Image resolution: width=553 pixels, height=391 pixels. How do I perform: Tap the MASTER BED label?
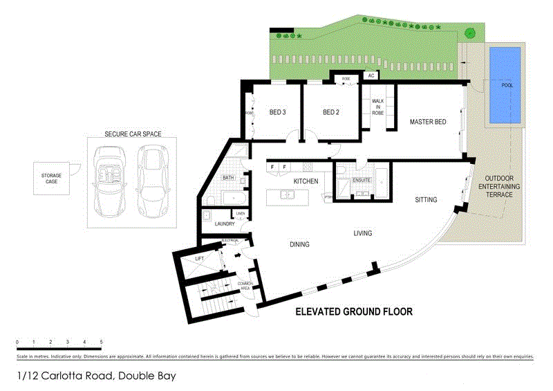[x=427, y=122]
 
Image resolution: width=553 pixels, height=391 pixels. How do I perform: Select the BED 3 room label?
[x=277, y=112]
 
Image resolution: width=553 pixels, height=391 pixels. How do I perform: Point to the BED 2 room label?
[x=332, y=112]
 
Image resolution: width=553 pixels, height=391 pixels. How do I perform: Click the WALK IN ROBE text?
[x=377, y=107]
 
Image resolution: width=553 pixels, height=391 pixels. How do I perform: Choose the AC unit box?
[x=371, y=75]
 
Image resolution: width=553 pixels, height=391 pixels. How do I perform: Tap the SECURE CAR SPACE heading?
[x=133, y=134]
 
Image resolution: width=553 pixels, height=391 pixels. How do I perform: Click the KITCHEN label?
[x=306, y=181]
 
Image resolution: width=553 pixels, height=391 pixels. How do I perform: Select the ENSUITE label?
[x=362, y=180]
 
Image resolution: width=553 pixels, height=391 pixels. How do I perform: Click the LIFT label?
[x=199, y=257]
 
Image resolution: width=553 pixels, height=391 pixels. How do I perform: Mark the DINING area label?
[x=299, y=244]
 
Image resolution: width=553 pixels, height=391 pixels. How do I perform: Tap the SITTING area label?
[x=426, y=200]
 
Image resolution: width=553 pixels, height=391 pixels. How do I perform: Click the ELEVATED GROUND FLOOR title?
[x=353, y=312]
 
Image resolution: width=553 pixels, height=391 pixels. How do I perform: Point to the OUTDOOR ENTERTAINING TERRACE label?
[x=498, y=186]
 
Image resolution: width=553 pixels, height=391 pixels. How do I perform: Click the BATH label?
[x=228, y=178]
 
